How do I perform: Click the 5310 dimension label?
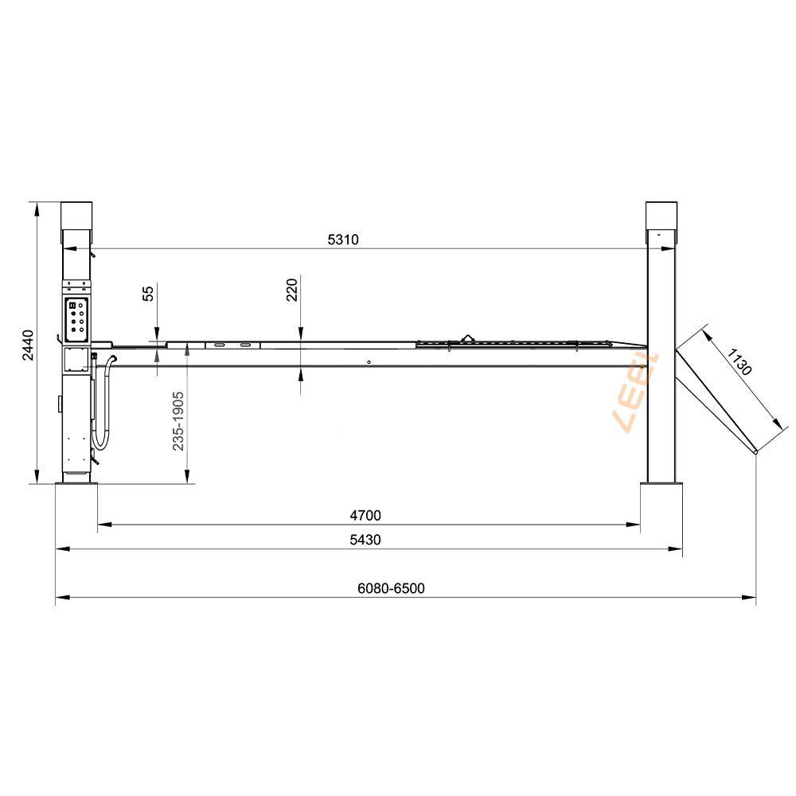(343, 239)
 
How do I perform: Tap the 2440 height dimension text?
(29, 345)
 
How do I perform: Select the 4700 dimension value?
(365, 515)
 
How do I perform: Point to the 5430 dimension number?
(365, 540)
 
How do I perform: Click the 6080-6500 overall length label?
(391, 588)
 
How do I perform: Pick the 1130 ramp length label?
(739, 362)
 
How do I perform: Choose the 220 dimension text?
(292, 290)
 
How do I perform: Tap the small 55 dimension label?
(148, 294)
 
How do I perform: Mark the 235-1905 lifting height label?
(178, 421)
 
